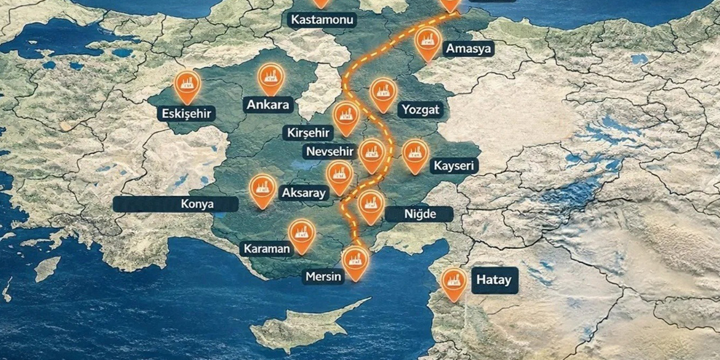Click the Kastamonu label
tap(322, 21)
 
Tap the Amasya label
tap(468, 49)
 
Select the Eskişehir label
tap(187, 114)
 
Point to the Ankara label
tap(268, 105)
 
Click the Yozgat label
tap(420, 110)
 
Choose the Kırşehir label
tap(308, 133)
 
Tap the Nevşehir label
tap(330, 151)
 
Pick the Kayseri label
tap(454, 166)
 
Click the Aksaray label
tap(303, 193)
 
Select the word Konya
tap(197, 204)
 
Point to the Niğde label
tap(420, 214)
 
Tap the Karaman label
tap(267, 249)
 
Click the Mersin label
tap(323, 277)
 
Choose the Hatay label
tap(494, 280)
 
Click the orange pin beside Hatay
tap(453, 282)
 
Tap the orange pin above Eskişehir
tap(187, 84)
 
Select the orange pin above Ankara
tap(271, 76)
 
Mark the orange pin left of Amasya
tap(427, 42)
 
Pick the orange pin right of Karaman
tap(302, 233)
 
